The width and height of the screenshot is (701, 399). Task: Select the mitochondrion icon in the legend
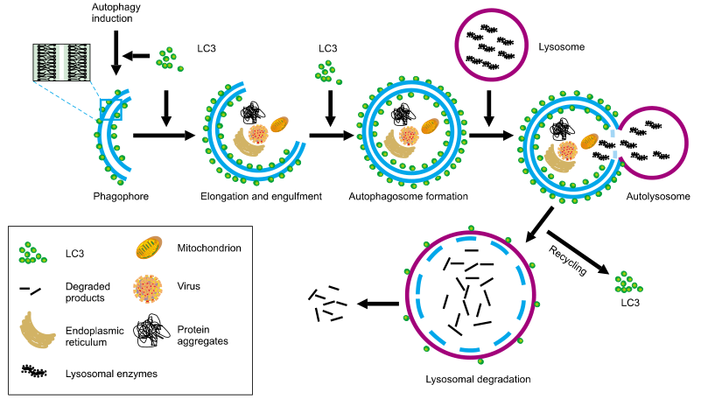pos(149,249)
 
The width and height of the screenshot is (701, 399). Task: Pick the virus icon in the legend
pos(149,288)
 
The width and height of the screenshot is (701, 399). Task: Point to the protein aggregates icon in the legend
pos(149,331)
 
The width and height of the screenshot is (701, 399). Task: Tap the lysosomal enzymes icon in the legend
pos(38,372)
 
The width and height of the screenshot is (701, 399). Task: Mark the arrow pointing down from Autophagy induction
pos(116,52)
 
